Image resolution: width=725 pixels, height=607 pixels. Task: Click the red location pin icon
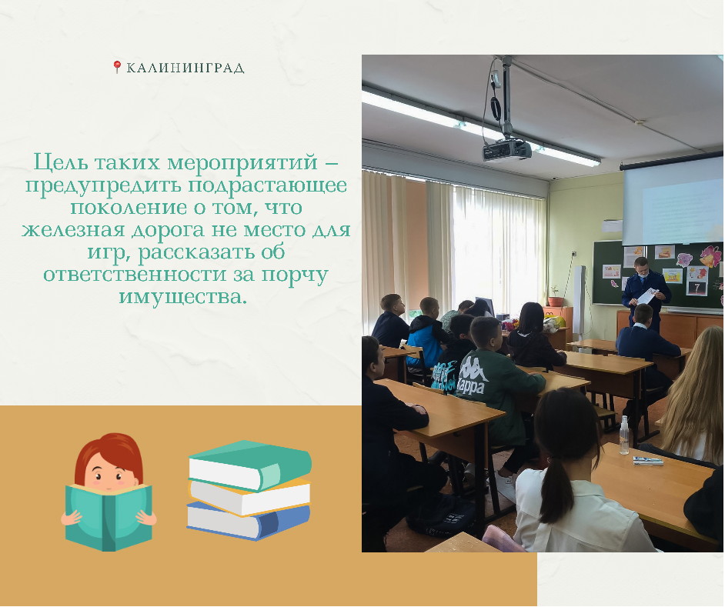pos(117,67)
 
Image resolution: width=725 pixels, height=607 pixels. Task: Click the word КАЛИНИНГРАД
pos(185,68)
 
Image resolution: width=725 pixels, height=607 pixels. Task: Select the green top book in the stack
pos(250,465)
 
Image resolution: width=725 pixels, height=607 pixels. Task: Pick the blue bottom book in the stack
pos(248,521)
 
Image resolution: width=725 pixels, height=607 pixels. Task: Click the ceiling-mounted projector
pos(506,150)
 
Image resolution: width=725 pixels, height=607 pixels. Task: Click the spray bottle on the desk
pos(624,435)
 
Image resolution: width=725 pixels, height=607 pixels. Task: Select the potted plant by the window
pos(554,296)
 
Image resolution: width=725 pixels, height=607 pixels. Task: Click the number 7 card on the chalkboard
pos(696,288)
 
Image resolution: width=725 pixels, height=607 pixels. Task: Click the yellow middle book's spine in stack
pos(249,499)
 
